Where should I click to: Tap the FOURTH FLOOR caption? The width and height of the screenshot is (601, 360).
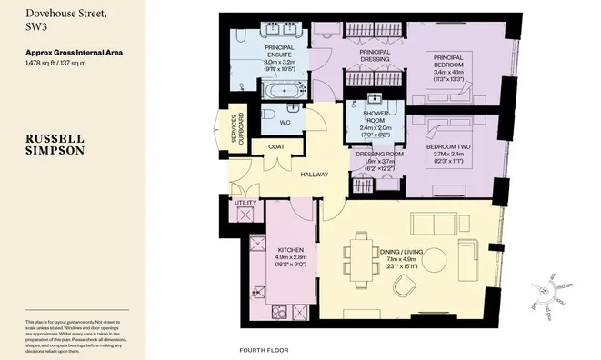264,350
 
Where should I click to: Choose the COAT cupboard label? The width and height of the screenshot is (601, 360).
276,146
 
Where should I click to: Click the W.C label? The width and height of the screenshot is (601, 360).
285,122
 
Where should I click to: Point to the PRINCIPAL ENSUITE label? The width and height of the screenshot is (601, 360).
283,54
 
